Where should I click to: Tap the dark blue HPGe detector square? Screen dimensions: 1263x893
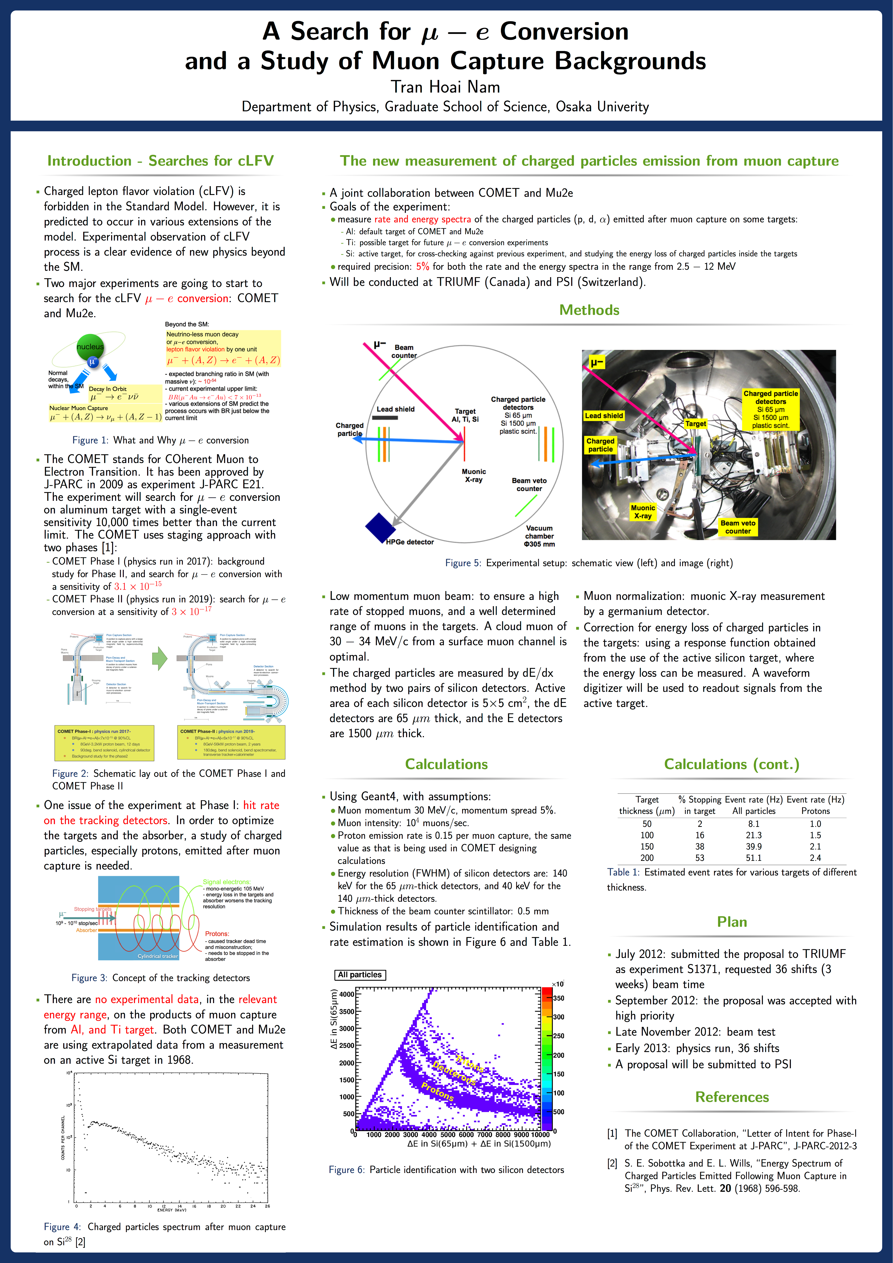click(380, 528)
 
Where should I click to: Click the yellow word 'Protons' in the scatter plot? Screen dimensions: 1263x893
click(437, 1091)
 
